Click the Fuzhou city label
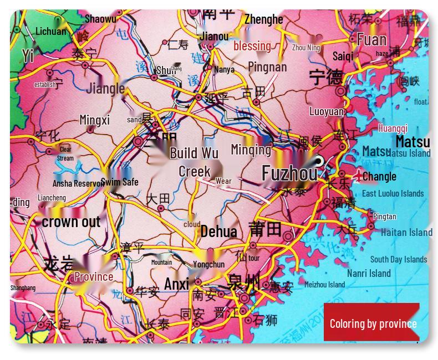coord(289,173)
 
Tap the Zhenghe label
coord(263,19)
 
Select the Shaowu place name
coord(100,19)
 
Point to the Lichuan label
coord(50,32)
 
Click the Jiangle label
coord(105,88)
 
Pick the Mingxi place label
coord(95,120)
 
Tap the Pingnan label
coord(267,67)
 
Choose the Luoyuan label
coord(327,111)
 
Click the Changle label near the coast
coord(379,177)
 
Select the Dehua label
coord(218,232)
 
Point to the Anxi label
coord(176,284)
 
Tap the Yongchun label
coord(208,264)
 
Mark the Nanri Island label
coord(369,273)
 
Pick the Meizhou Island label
coord(324,285)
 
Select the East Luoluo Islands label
coord(393,193)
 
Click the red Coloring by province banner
coord(373,323)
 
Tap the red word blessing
coord(252,46)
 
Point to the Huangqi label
coord(393,128)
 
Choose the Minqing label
coord(251,150)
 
